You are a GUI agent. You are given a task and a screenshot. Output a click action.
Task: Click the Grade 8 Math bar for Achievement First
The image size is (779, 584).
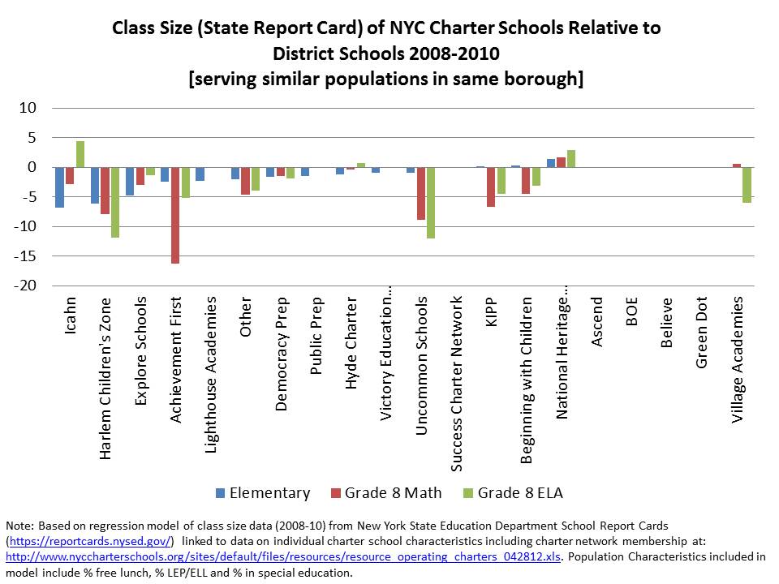click(175, 215)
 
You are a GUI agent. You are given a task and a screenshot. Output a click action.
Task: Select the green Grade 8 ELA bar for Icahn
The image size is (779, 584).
click(80, 154)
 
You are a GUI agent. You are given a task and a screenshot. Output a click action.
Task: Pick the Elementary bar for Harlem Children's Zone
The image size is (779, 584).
click(95, 185)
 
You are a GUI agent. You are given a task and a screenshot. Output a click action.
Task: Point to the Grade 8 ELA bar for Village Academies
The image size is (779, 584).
click(747, 184)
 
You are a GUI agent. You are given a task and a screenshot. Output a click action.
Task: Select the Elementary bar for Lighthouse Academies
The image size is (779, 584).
click(200, 174)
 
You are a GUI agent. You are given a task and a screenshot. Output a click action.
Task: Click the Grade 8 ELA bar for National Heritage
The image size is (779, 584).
click(571, 159)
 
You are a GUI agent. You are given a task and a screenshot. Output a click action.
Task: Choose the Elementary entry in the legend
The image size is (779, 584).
click(264, 493)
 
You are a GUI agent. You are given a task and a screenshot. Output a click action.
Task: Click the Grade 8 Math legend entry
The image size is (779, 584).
click(385, 493)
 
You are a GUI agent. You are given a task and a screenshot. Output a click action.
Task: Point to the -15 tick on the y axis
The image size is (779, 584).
click(27, 256)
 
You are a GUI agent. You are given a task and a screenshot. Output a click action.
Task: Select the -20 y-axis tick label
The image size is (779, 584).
click(27, 286)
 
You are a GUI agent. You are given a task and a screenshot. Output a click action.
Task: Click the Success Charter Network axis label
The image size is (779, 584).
click(457, 383)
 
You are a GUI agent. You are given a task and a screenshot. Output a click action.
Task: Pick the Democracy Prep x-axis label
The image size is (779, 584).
click(282, 354)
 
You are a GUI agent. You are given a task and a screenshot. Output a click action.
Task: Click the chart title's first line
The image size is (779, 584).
click(386, 28)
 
